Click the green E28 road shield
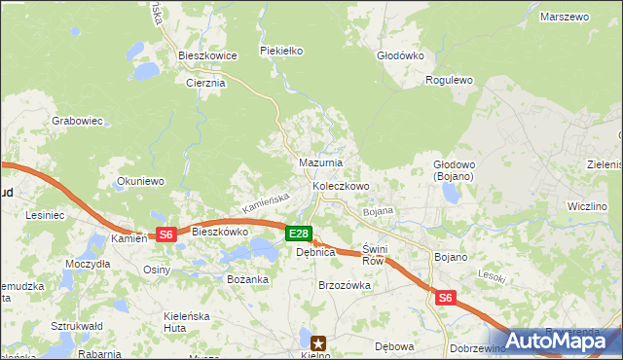pyautogui.click(x=299, y=234)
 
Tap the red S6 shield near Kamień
pyautogui.click(x=165, y=234)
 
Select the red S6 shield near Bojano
pyautogui.click(x=445, y=299)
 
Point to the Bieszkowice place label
pyautogui.click(x=207, y=56)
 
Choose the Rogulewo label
pyautogui.click(x=449, y=81)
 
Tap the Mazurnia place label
pyautogui.click(x=319, y=162)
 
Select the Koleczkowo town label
pyautogui.click(x=341, y=186)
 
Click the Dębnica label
pyautogui.click(x=315, y=252)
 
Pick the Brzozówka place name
pyautogui.click(x=345, y=285)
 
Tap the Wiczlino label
pyautogui.click(x=587, y=206)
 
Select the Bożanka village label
pyautogui.click(x=246, y=279)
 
